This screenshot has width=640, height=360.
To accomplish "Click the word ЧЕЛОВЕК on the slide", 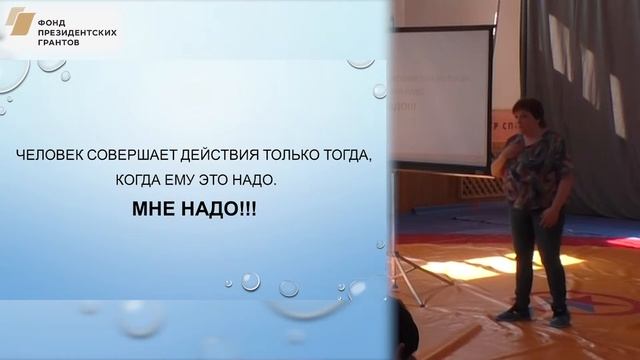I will [49, 157].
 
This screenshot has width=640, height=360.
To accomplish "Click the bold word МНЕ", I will [157, 212].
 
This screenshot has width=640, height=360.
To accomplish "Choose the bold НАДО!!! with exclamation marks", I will [221, 212].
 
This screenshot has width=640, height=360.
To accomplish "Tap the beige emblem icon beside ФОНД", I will [21, 22].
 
